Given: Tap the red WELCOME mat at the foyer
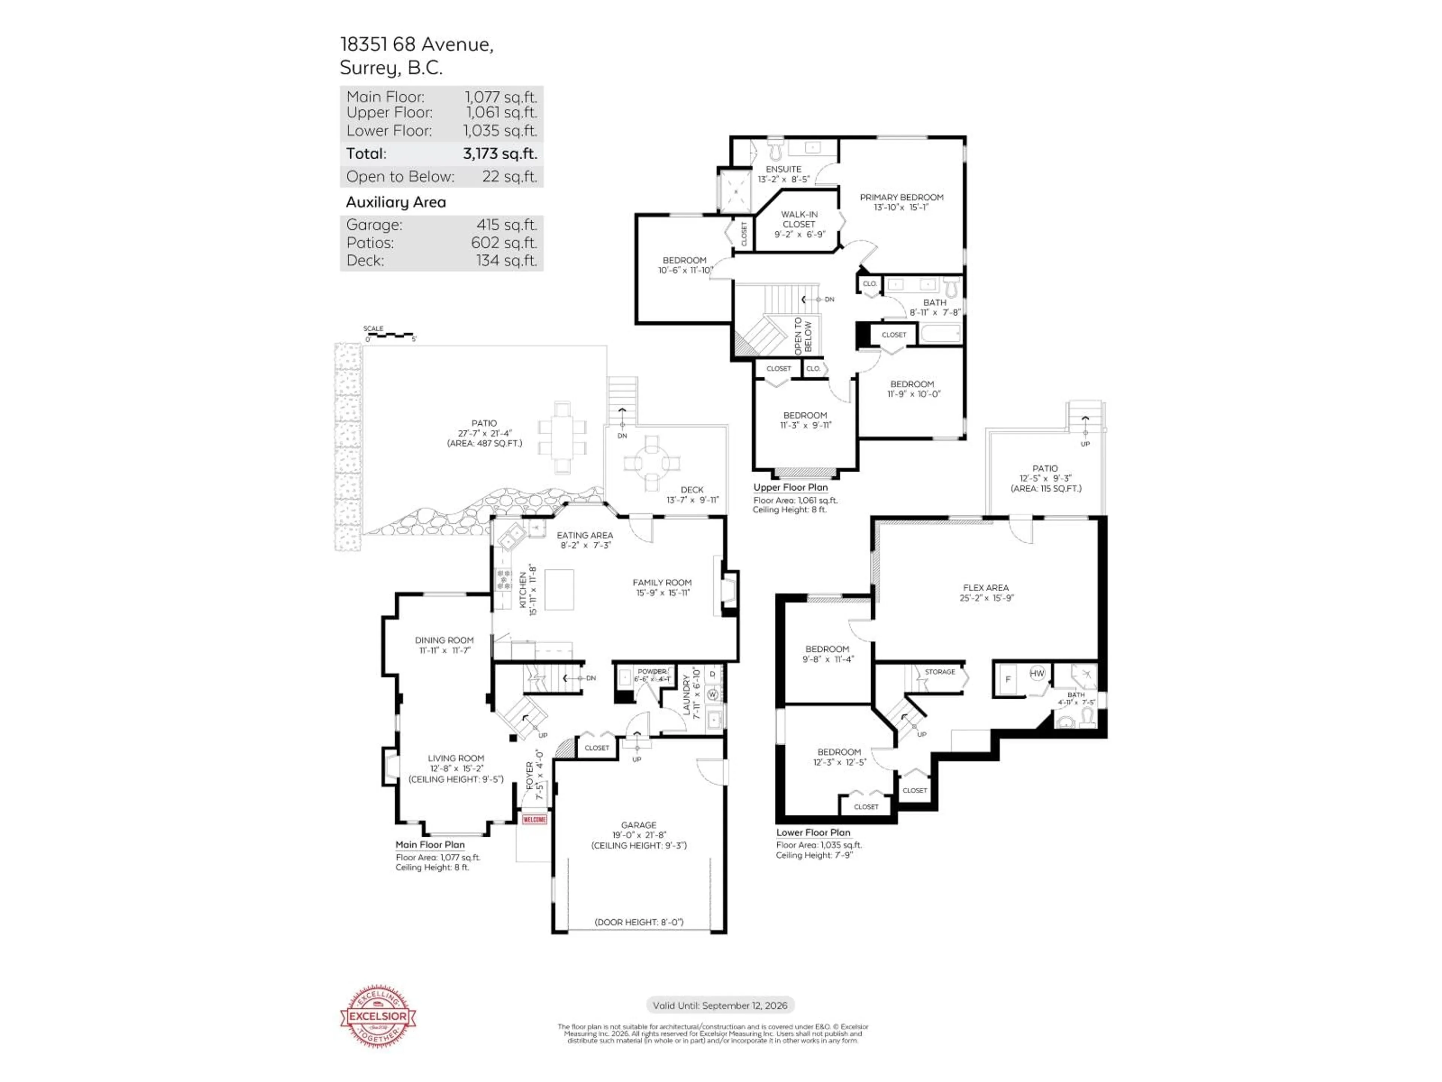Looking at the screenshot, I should point(534,819).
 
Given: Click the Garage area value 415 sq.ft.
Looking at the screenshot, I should point(507,225).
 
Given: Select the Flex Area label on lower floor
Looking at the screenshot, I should point(986,588).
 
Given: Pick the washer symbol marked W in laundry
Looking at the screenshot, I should point(712,695).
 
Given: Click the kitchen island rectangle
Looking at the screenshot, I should point(559,589).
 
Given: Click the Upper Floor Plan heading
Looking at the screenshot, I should point(790,487).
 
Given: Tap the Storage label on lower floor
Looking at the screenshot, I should point(940,672).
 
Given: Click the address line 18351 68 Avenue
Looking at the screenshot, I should point(416,44).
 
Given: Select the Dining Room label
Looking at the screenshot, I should point(444,641).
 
